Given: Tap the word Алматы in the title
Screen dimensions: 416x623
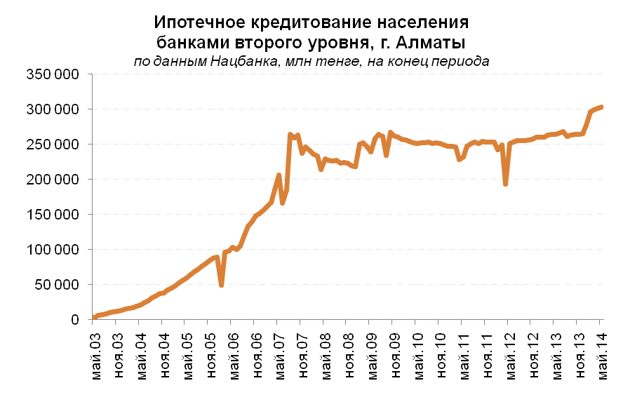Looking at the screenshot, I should (436, 41).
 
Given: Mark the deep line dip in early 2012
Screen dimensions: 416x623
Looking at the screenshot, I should (505, 184).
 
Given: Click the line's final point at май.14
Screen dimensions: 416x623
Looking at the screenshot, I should (602, 107).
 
